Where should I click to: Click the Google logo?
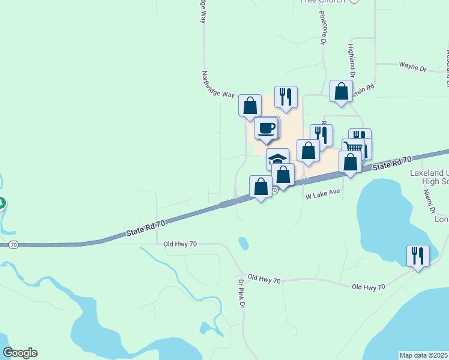click(x=20, y=353)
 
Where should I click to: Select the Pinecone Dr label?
click(x=322, y=28)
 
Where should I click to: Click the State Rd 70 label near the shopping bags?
click(x=391, y=163)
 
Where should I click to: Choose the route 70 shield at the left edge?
click(x=13, y=245)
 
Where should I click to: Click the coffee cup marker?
click(x=266, y=127)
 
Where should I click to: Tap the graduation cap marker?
click(x=277, y=159)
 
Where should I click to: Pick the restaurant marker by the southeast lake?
click(x=417, y=255)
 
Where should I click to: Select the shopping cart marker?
click(x=354, y=148)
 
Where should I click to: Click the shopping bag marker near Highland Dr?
click(x=341, y=91)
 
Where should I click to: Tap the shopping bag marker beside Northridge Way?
click(x=250, y=105)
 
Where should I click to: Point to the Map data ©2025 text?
click(x=424, y=355)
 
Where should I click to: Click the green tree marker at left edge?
click(x=2, y=204)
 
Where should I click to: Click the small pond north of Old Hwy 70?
click(x=243, y=243)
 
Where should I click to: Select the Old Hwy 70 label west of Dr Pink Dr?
click(x=180, y=244)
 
